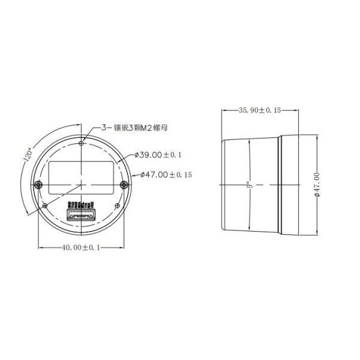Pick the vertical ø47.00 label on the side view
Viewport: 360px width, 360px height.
[x=316, y=184]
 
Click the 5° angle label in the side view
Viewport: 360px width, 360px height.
[x=248, y=185]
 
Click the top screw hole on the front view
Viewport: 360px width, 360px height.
[x=82, y=143]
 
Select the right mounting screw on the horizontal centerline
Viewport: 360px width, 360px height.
[x=125, y=184]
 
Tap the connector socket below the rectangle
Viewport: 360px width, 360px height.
[x=82, y=214]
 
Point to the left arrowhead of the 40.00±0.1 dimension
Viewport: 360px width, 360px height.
[x=40, y=247]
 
